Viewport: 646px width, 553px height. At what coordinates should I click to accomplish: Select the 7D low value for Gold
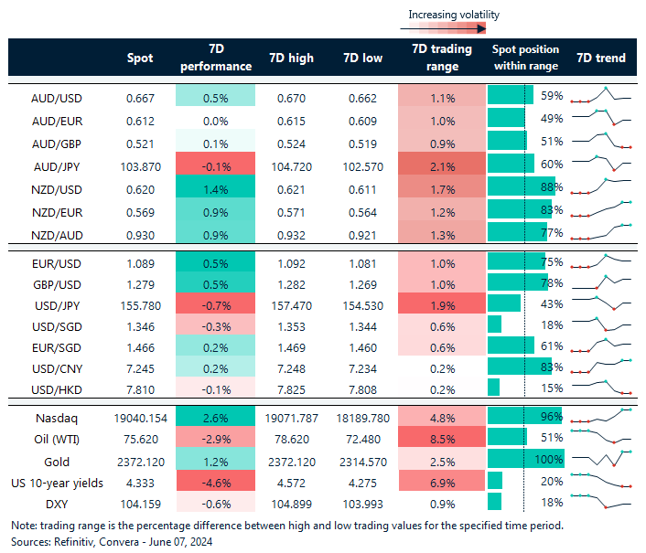[363, 459]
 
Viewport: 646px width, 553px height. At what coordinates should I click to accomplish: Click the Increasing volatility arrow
[454, 30]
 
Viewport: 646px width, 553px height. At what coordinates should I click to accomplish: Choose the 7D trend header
[601, 58]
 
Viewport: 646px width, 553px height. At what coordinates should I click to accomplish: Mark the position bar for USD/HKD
[494, 388]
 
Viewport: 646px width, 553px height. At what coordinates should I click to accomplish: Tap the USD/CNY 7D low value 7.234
[363, 367]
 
